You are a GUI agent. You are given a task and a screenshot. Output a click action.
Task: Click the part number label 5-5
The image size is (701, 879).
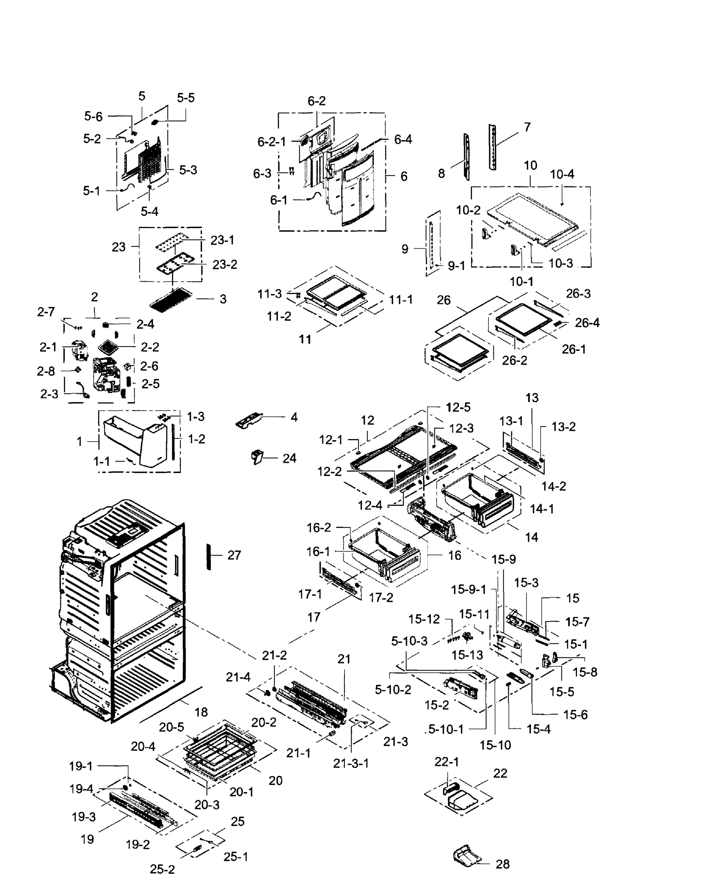pyautogui.click(x=186, y=98)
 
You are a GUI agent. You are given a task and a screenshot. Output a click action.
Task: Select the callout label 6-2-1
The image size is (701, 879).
pyautogui.click(x=272, y=142)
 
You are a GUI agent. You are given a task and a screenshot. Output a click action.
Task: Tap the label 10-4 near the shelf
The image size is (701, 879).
pyautogui.click(x=562, y=174)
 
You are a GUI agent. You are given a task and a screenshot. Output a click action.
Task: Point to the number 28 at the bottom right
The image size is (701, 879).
pyautogui.click(x=503, y=864)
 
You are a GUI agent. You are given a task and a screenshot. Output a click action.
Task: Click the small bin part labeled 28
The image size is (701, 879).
pyautogui.click(x=467, y=855)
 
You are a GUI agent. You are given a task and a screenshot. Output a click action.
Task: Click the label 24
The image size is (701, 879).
pyautogui.click(x=289, y=458)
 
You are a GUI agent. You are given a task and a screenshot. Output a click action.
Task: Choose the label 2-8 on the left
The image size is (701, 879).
pyautogui.click(x=46, y=371)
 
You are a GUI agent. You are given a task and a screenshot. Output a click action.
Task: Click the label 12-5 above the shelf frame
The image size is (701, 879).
pyautogui.click(x=458, y=407)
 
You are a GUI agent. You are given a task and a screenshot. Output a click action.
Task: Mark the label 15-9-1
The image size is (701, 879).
pyautogui.click(x=468, y=590)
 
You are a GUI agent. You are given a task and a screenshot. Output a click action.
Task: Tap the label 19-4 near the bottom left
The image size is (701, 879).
pyautogui.click(x=81, y=789)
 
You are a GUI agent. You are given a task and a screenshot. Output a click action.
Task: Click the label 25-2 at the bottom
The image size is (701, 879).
pyautogui.click(x=162, y=869)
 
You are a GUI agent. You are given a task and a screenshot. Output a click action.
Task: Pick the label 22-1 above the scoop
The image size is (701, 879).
pyautogui.click(x=447, y=761)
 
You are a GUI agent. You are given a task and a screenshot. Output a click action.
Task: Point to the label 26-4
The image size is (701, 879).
pyautogui.click(x=587, y=323)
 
